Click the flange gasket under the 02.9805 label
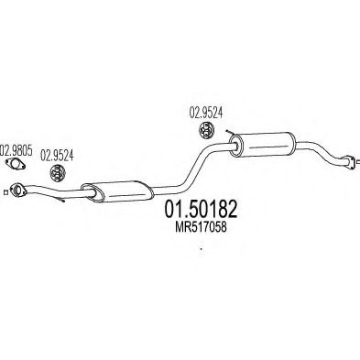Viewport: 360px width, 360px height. click(x=16, y=168)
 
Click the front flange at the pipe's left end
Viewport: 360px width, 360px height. click(x=16, y=191)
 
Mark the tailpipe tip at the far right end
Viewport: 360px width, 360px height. click(x=348, y=163)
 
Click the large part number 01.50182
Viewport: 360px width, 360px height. click(x=196, y=212)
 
